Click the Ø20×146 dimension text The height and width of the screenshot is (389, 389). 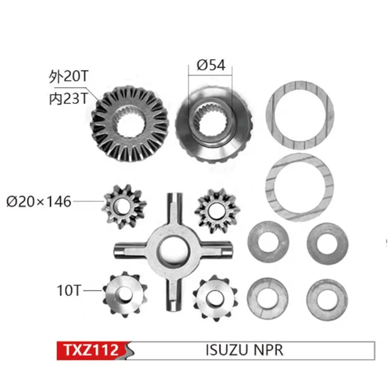39,200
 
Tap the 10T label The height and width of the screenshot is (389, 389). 69,291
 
